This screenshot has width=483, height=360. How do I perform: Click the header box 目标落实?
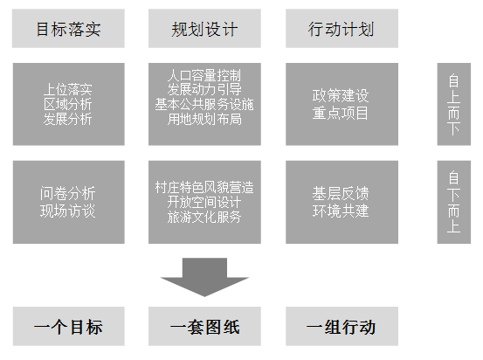point(68,28)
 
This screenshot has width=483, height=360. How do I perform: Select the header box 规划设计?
point(204,28)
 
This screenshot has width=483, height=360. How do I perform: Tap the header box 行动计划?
point(342,28)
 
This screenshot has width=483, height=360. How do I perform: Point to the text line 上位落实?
point(68,89)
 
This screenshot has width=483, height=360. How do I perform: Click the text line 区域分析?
point(68,104)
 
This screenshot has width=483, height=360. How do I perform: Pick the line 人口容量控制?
point(204,75)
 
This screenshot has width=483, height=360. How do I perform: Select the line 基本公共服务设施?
point(204,104)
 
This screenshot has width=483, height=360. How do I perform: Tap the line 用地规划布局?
point(204,119)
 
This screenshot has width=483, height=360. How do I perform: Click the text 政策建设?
point(341,95)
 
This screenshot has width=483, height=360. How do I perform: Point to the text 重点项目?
point(341,113)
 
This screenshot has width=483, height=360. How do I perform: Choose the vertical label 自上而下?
point(453,104)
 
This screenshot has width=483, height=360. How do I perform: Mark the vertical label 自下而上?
point(453,202)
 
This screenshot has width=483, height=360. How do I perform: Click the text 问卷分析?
point(68,194)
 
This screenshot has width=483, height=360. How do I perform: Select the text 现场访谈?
point(68,211)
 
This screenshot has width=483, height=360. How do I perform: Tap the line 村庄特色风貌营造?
point(204,187)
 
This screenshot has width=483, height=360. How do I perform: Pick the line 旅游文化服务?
point(204,217)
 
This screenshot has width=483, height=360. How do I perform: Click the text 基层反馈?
point(341,194)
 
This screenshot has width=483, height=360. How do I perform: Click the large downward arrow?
point(204,277)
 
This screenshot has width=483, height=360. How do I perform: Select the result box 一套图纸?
point(204,326)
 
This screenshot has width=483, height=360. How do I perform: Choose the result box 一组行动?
point(342,326)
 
